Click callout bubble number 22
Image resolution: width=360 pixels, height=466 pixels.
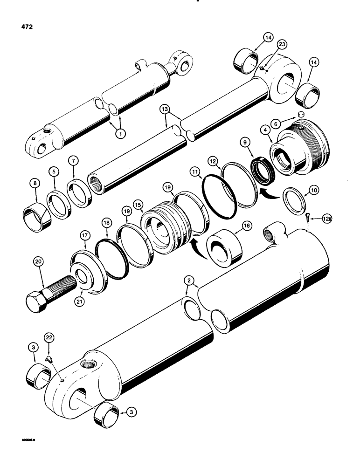(x=48, y=337)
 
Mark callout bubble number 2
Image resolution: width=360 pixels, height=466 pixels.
(x=189, y=280)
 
